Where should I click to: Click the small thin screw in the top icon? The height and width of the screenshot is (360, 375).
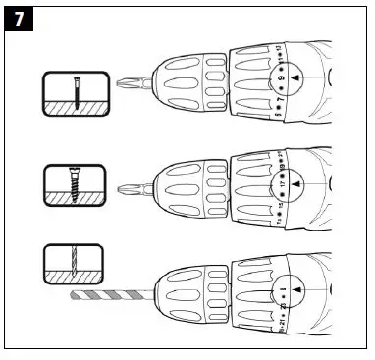[74, 93]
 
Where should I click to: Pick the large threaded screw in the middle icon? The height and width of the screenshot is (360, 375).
[73, 186]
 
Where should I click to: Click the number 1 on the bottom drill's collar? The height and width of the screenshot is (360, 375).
[282, 289]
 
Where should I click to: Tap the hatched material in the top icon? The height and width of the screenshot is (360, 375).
[74, 104]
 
